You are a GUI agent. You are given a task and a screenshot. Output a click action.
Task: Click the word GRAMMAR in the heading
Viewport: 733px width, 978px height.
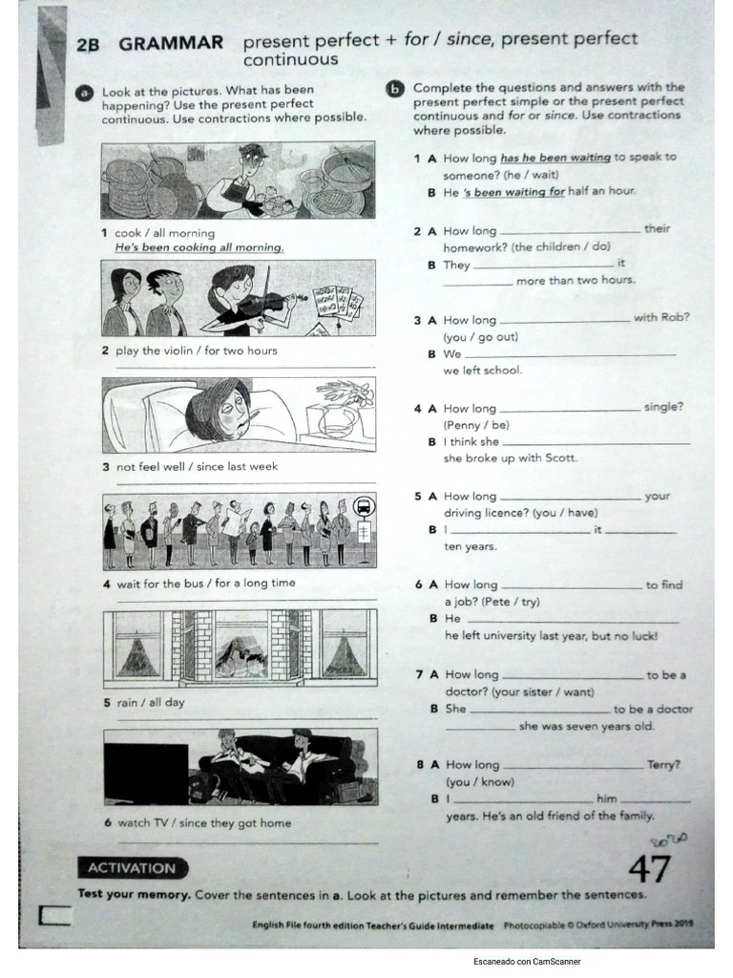coord(171,43)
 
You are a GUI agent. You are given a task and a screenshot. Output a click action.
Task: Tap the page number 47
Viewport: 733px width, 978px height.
coord(649,869)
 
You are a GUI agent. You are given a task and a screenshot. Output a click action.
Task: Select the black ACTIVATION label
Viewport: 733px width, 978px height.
coord(132,868)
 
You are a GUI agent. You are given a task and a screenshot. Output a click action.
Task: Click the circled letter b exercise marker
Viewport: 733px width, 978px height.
coord(394,89)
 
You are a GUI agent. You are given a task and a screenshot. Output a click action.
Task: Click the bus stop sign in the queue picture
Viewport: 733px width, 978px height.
coord(364,506)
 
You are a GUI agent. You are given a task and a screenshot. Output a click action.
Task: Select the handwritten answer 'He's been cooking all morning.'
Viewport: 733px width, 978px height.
coord(199,247)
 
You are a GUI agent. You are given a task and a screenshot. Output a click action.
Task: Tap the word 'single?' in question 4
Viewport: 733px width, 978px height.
coord(663,407)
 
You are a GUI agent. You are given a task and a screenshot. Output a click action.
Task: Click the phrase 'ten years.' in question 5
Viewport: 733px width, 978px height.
coord(470,547)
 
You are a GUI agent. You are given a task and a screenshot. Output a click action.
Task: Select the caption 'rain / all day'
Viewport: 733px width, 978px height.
coord(151,702)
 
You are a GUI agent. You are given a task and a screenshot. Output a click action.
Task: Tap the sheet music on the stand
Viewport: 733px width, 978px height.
coord(339,302)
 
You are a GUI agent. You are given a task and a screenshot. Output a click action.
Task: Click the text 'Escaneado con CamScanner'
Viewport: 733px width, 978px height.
coord(527,962)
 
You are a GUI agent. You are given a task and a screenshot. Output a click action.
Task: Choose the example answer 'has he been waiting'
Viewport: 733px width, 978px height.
coord(555,158)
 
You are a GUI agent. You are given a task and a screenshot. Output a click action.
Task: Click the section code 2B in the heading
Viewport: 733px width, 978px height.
coord(88,44)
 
